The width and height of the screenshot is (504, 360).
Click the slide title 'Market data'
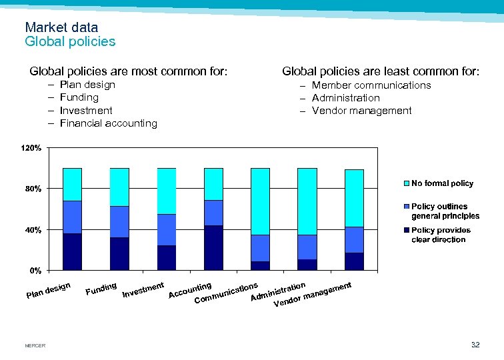coord(61,27)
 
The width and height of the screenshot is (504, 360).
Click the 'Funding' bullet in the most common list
coord(79,97)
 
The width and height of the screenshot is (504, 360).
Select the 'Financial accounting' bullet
coord(108,123)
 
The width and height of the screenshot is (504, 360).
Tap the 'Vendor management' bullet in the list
coord(361,111)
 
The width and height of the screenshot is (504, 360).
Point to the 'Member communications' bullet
coord(371,85)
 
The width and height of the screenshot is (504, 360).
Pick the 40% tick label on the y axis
coord(33,230)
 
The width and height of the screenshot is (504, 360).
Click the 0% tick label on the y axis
coord(35,271)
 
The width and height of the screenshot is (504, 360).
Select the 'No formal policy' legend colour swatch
coord(406,183)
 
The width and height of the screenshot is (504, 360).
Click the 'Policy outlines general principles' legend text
coord(445,211)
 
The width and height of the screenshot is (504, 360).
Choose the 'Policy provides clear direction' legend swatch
coord(406,230)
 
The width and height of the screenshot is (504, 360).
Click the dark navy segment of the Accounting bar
coord(213,247)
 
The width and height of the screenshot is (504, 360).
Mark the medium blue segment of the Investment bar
coord(166,230)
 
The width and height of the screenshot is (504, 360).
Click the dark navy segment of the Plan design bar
coord(72,251)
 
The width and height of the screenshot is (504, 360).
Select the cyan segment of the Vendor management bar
coord(354,198)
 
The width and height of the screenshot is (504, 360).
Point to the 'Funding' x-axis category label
coord(101,289)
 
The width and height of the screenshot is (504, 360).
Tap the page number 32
coord(475,345)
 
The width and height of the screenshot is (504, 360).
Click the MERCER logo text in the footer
coord(35,345)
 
